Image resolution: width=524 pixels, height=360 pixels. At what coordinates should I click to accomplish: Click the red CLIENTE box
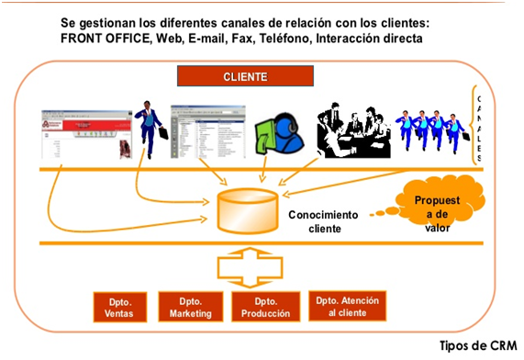tap(244, 77)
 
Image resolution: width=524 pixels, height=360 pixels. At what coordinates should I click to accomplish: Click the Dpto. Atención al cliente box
tap(346, 307)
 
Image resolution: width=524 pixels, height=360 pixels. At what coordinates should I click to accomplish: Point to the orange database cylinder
tap(246, 210)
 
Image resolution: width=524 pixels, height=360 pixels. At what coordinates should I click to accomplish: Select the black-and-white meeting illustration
tap(352, 131)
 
